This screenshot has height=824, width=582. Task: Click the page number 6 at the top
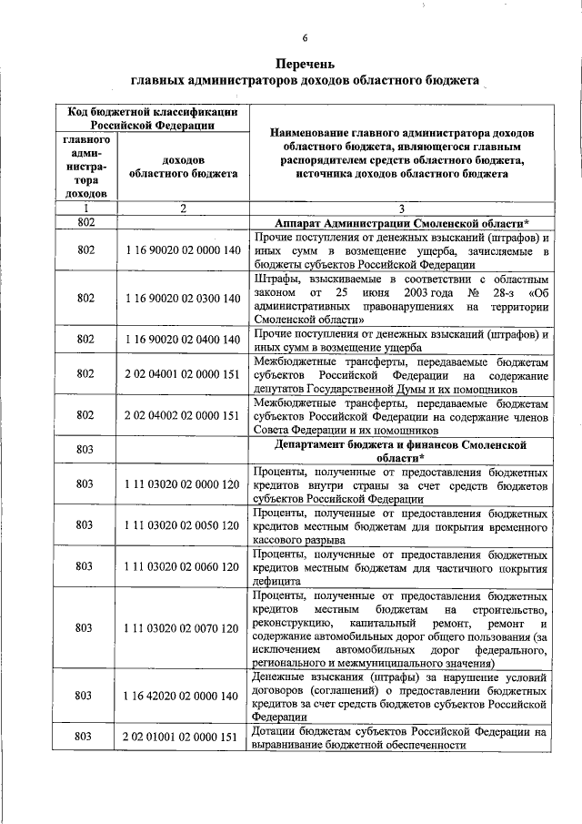point(306,37)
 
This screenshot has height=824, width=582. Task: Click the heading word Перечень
point(306,64)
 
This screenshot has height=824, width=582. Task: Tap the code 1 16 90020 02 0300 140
point(183,299)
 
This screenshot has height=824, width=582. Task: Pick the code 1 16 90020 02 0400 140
point(183,340)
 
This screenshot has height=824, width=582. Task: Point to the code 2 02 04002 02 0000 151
point(183,414)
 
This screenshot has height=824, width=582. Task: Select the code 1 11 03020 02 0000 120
point(183,485)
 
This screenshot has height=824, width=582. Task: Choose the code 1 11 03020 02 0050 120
point(183,525)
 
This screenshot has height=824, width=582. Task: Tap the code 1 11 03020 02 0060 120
point(183,565)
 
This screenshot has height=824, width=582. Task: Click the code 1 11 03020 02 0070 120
point(183,627)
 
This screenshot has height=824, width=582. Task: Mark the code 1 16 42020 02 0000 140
point(183,696)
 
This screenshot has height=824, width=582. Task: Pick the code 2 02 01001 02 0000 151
point(183,737)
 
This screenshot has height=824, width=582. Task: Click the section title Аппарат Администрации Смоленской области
point(401,222)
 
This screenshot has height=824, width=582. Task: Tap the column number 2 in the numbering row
point(183,209)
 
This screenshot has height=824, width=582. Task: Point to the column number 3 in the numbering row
point(401,209)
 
